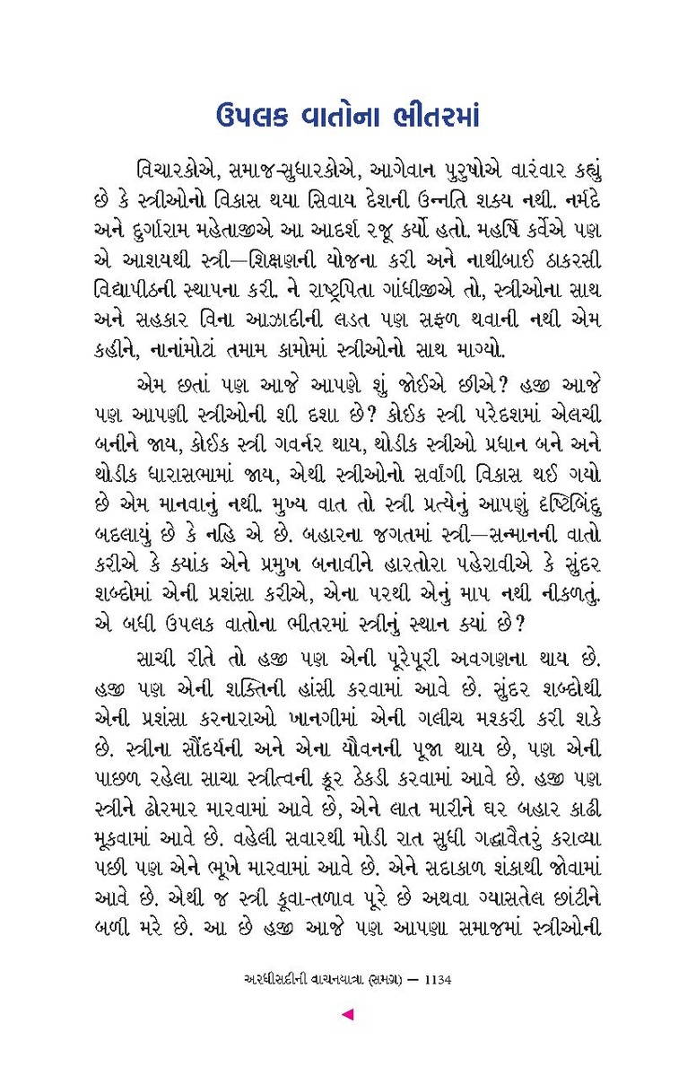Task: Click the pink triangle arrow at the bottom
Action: pyautogui.click(x=348, y=1014)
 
